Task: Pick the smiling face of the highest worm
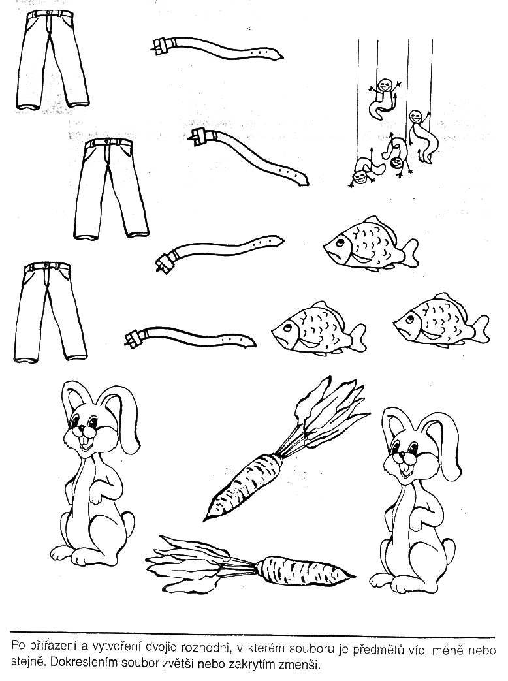tap(383, 84)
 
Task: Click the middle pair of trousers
tap(111, 189)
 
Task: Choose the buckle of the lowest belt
tap(133, 338)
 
